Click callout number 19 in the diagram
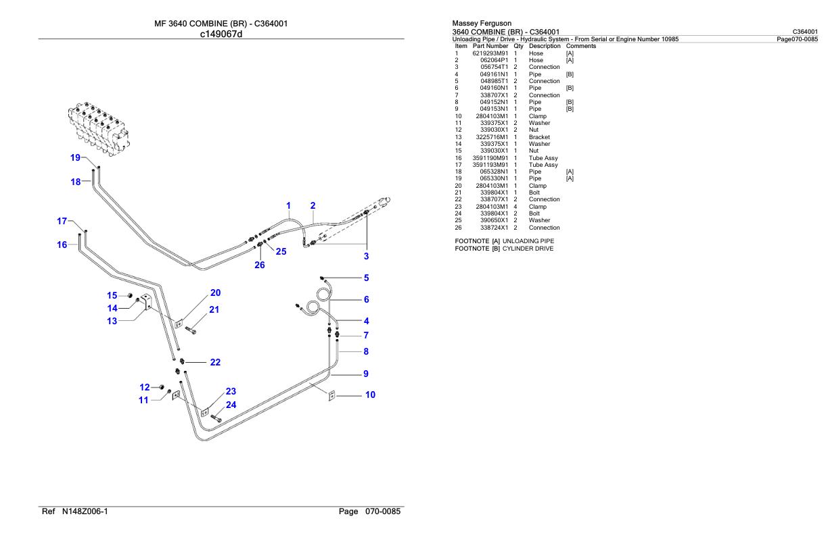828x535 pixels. pyautogui.click(x=75, y=157)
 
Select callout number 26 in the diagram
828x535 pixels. pyautogui.click(x=260, y=265)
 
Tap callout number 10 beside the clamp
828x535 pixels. pyautogui.click(x=370, y=394)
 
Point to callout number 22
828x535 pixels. pyautogui.click(x=215, y=362)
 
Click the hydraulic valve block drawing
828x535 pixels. pyautogui.click(x=99, y=128)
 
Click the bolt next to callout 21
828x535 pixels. pyautogui.click(x=190, y=330)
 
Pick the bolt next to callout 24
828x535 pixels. pyautogui.click(x=216, y=418)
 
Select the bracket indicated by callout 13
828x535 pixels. pyautogui.click(x=146, y=301)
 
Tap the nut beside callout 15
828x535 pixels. pyautogui.click(x=130, y=295)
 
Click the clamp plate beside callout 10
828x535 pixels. pyautogui.click(x=332, y=395)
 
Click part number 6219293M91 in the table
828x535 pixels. pyautogui.click(x=490, y=53)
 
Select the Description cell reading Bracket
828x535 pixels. pyautogui.click(x=539, y=137)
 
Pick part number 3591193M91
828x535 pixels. pyautogui.click(x=490, y=165)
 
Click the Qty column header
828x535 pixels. pyautogui.click(x=518, y=46)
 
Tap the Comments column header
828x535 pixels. pyautogui.click(x=580, y=46)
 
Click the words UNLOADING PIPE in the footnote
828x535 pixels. pyautogui.click(x=528, y=241)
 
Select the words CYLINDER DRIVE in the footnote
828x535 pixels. pyautogui.click(x=528, y=249)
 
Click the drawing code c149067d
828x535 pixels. pyautogui.click(x=221, y=34)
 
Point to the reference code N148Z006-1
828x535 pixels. pyautogui.click(x=85, y=511)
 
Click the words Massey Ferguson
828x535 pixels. pyautogui.click(x=482, y=23)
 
